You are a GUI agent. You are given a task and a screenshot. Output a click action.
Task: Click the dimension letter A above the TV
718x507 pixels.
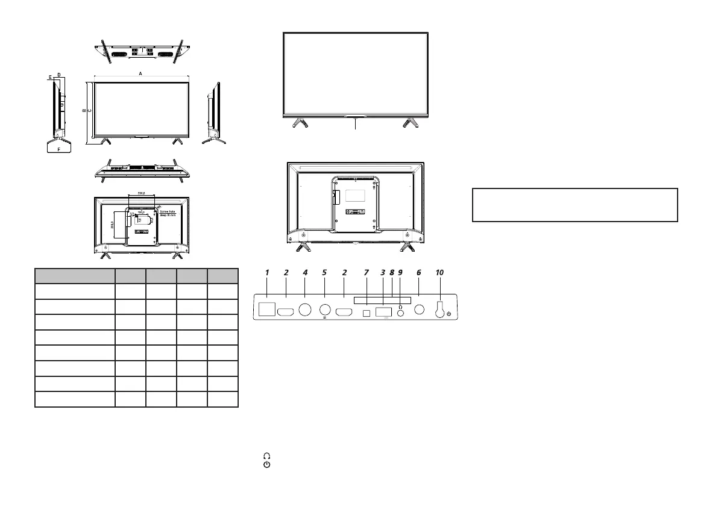point(140,73)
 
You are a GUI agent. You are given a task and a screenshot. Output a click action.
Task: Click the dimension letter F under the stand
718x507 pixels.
point(58,148)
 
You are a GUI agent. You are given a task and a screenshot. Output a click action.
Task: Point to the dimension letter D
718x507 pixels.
point(58,75)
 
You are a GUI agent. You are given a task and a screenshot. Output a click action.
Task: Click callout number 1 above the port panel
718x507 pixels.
point(266,272)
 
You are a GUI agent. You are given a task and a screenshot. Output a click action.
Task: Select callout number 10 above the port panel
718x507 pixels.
point(439,272)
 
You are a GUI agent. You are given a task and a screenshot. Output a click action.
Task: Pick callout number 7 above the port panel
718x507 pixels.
point(366,272)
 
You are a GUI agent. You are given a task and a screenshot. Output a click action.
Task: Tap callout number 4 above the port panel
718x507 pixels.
point(305,272)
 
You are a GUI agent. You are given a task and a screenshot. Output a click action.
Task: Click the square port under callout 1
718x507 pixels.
point(266,310)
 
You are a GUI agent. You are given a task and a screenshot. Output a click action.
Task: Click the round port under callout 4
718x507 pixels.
point(306,310)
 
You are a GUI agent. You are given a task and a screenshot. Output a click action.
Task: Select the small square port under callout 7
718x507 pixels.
point(366,313)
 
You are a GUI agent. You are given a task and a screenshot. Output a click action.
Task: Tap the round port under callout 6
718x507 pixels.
point(420,310)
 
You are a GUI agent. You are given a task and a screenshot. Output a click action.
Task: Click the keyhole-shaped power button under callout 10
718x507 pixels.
point(440,308)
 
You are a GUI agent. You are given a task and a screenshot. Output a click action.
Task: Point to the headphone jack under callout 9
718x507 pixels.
point(400,312)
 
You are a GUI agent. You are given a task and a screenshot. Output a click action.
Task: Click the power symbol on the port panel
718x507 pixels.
point(449,314)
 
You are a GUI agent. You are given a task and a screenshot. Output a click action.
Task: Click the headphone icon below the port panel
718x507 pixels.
point(266,457)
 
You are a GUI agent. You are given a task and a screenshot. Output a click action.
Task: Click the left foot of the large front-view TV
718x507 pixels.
point(298,123)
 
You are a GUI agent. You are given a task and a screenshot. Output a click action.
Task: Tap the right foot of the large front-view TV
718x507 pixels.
point(412,123)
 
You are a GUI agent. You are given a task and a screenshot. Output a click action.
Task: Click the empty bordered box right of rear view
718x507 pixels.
point(575,205)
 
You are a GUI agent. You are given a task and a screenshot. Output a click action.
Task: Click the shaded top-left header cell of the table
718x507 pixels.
point(75,276)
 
